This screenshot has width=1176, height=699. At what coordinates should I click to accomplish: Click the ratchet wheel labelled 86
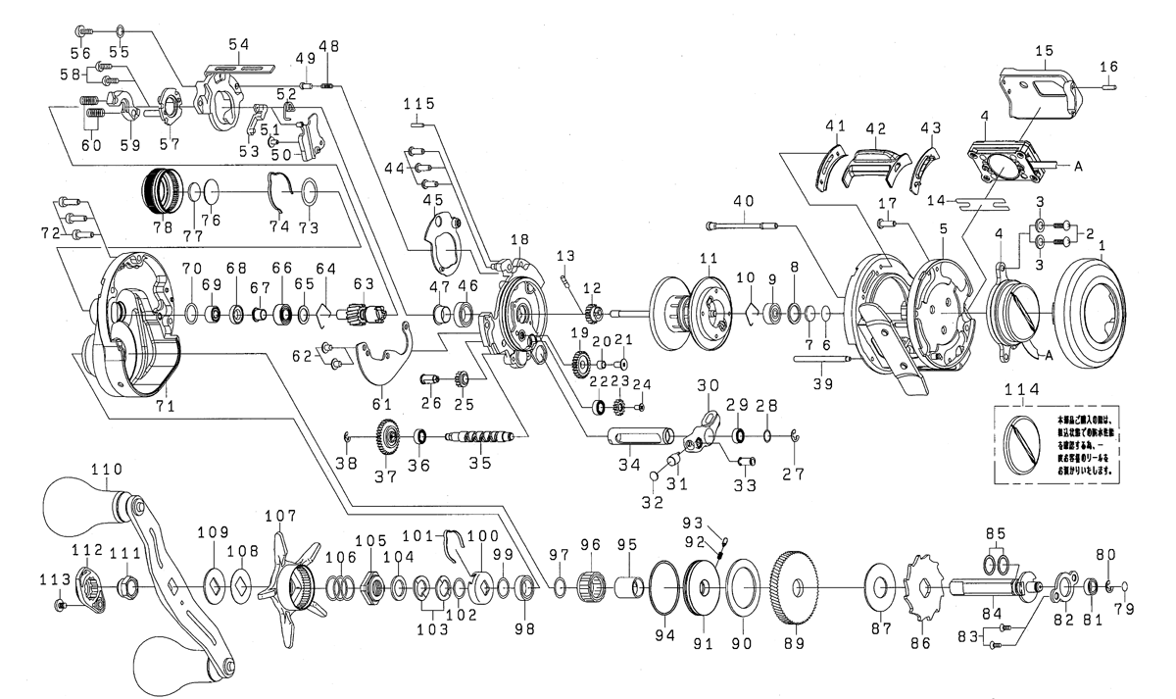[919, 588]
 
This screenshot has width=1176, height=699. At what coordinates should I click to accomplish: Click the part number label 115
[423, 103]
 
